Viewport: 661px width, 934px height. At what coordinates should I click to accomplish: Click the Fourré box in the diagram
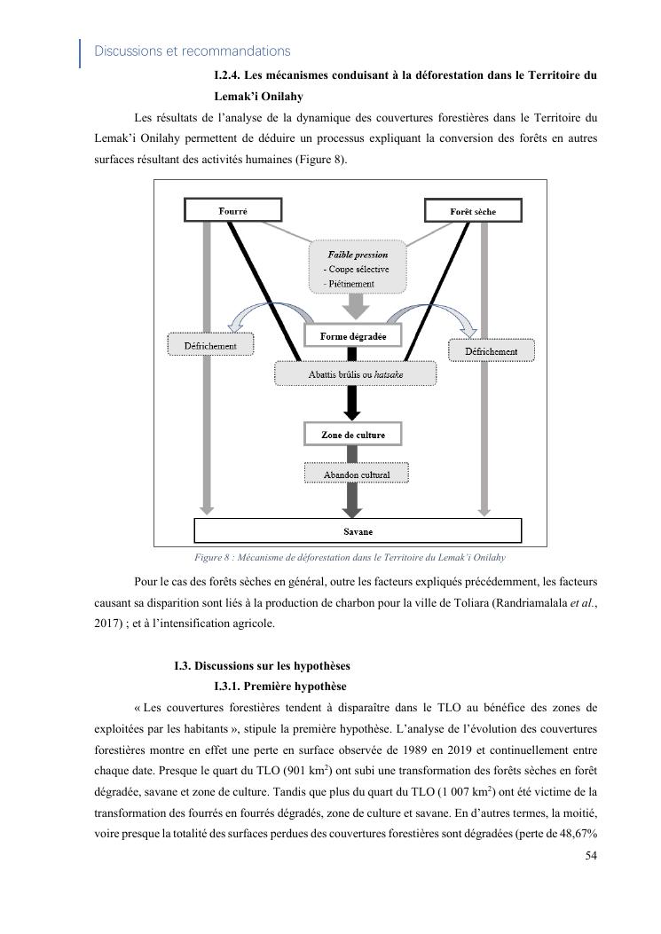(232, 210)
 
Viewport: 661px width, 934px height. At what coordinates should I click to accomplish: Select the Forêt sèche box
(473, 211)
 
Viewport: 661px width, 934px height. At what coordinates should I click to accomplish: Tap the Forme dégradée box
(352, 336)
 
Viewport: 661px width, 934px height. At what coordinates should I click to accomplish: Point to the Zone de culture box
(352, 435)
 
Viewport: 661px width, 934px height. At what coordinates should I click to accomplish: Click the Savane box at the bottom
(358, 531)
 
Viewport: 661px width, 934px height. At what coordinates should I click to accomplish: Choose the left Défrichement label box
(210, 345)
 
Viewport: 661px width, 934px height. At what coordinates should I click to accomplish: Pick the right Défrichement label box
(491, 351)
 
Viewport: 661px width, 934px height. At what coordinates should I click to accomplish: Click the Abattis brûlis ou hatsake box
(355, 374)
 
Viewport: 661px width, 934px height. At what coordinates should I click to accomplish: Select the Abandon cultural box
(356, 475)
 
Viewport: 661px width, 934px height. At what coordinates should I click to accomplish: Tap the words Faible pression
(358, 255)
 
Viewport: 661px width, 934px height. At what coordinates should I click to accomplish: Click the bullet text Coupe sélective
(357, 269)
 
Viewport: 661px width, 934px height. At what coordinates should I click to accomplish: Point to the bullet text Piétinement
(350, 284)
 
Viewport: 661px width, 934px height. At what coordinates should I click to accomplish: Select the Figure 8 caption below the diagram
(350, 558)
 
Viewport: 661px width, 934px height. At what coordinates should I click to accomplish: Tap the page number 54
(592, 855)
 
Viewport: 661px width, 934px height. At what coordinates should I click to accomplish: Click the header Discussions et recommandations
(192, 51)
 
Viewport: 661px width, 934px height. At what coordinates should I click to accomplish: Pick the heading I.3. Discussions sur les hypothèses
(262, 666)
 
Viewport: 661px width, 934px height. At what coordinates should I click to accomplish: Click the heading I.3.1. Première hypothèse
(279, 687)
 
